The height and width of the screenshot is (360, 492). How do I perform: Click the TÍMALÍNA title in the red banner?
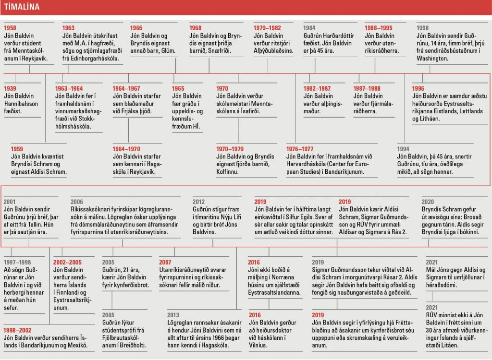[x=22, y=7]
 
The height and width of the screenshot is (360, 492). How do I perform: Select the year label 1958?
[x=10, y=28]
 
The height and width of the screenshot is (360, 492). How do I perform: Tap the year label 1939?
[x=10, y=88]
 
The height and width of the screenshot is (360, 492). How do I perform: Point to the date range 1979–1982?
[x=267, y=28]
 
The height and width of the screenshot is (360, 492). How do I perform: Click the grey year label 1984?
[x=309, y=28]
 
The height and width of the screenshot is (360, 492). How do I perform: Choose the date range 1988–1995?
[x=379, y=28]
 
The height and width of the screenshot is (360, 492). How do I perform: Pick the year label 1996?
[x=418, y=88]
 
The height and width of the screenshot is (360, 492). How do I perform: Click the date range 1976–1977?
[x=300, y=149]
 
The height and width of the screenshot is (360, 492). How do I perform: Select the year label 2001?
[x=10, y=202]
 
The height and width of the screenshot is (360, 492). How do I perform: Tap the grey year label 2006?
[x=77, y=202]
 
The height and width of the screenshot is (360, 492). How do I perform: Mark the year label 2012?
[x=198, y=202]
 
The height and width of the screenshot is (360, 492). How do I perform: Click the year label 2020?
[x=428, y=202]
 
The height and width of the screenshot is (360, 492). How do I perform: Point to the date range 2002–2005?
[x=67, y=262]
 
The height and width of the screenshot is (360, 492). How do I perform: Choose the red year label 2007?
[x=165, y=262]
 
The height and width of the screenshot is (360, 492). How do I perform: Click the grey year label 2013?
[x=173, y=315]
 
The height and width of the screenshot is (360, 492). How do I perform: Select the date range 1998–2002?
[x=17, y=330]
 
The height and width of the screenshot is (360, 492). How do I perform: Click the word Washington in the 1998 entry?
[x=432, y=59]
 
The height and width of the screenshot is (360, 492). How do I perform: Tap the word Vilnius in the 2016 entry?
[x=258, y=345]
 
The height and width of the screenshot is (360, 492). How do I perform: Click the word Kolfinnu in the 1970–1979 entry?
[x=227, y=171]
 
